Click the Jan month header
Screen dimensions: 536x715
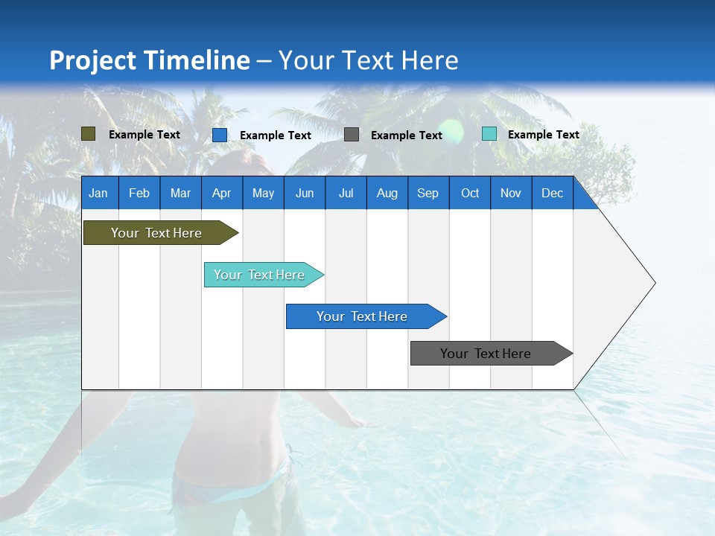pyautogui.click(x=98, y=193)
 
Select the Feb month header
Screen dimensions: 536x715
pyautogui.click(x=139, y=193)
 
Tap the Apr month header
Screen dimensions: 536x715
pyautogui.click(x=221, y=193)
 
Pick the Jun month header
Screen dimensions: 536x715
pyautogui.click(x=305, y=193)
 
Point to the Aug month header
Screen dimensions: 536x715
pyautogui.click(x=387, y=193)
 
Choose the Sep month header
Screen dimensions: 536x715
pyautogui.click(x=428, y=193)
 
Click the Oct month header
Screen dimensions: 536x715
pyautogui.click(x=470, y=193)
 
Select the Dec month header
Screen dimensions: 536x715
pyautogui.click(x=552, y=193)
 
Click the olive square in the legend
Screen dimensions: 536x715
pyautogui.click(x=88, y=134)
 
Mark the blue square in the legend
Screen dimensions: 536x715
pyautogui.click(x=220, y=135)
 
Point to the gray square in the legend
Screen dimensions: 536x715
pyautogui.click(x=352, y=135)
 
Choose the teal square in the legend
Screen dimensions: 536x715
pyautogui.click(x=489, y=134)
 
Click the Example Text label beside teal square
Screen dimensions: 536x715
pyautogui.click(x=543, y=135)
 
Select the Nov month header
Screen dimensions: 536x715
pyautogui.click(x=511, y=193)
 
